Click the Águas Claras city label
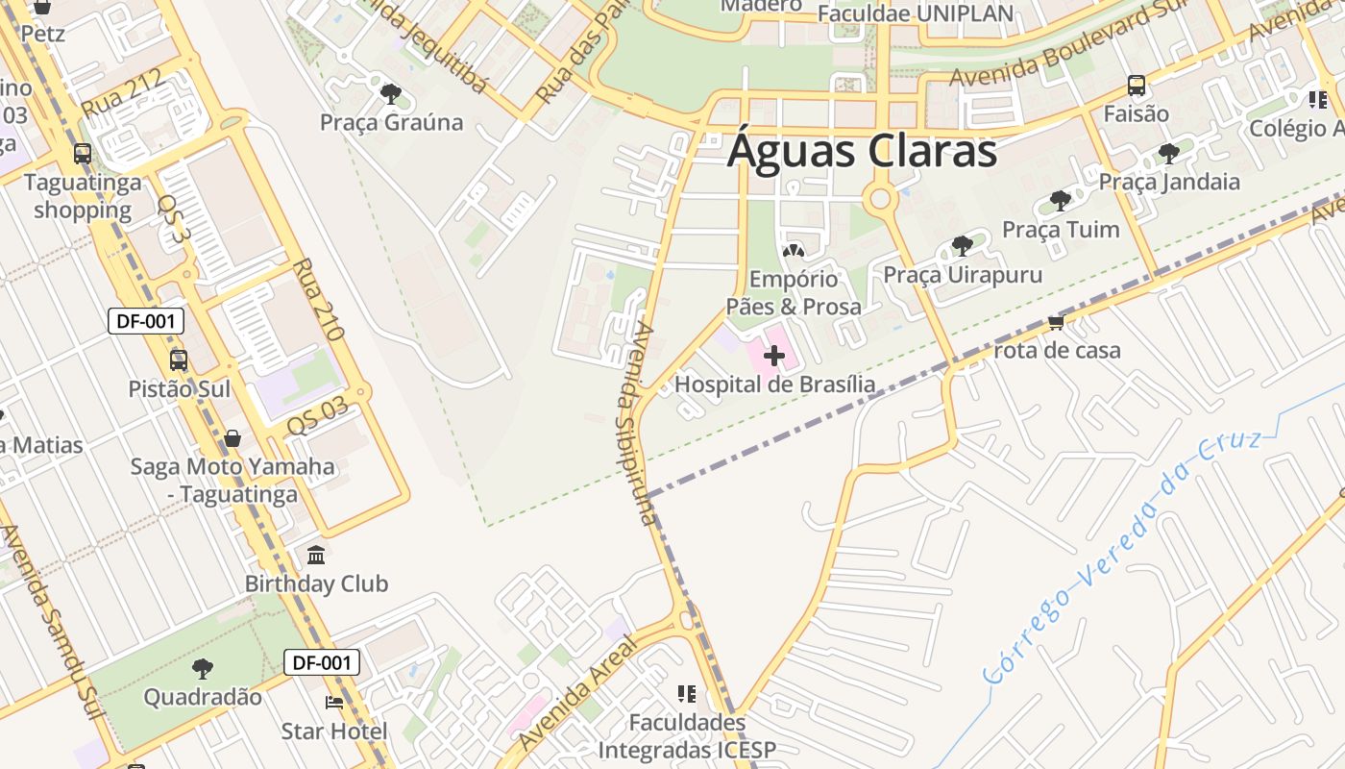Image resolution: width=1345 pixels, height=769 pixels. click(862, 152)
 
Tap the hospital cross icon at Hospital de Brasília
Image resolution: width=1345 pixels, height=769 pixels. click(774, 356)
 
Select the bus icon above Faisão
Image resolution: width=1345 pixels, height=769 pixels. click(1137, 86)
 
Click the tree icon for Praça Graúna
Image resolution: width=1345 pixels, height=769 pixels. click(391, 94)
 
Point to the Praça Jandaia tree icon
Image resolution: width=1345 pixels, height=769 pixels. click(1169, 153)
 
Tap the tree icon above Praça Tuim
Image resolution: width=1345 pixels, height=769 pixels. click(1061, 201)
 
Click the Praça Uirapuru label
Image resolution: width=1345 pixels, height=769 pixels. click(963, 275)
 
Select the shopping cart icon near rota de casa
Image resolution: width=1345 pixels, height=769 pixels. click(1057, 322)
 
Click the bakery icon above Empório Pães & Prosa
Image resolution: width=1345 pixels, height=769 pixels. click(793, 251)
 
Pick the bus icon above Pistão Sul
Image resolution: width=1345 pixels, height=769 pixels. click(179, 360)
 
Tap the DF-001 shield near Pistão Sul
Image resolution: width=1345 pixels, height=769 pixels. click(145, 321)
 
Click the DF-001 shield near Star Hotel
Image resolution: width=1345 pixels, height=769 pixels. click(322, 662)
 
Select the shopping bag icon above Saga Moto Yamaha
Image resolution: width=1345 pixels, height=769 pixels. click(232, 439)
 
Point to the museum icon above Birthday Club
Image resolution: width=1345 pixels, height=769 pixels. click(316, 556)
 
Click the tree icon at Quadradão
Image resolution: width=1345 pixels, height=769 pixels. click(202, 668)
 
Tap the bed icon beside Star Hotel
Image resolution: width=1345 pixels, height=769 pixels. click(334, 703)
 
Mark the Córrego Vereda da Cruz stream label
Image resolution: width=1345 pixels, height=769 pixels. click(1124, 558)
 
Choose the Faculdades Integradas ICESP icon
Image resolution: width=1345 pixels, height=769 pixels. click(686, 694)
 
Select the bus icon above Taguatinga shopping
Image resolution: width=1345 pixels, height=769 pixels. click(83, 154)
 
